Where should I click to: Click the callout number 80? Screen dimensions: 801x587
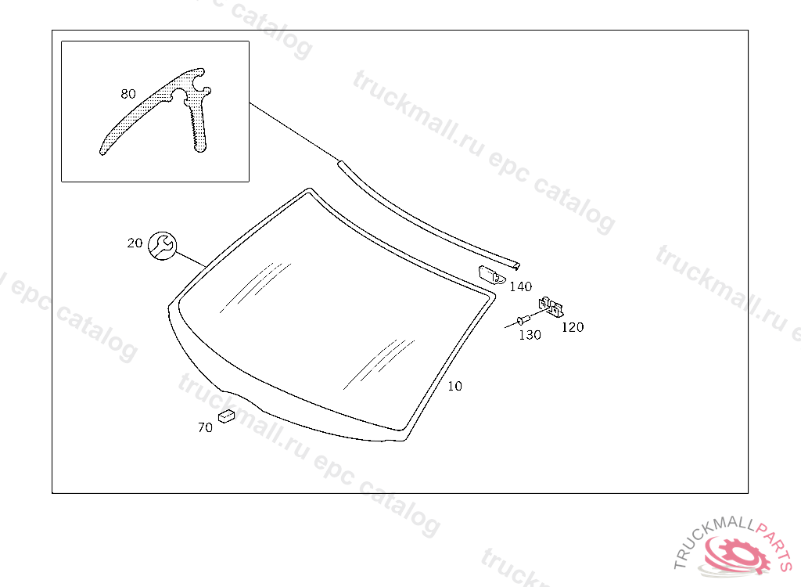coord(128,94)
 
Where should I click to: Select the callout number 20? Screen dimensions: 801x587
coord(135,243)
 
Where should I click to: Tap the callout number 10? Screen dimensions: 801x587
coord(454,387)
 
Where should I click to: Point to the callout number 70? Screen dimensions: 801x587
coord(205,427)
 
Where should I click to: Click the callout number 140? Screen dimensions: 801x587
coord(520,287)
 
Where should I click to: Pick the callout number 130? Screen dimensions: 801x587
coord(530,335)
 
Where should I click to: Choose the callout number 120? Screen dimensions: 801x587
coord(573,327)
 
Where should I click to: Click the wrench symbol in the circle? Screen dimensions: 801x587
coord(162,245)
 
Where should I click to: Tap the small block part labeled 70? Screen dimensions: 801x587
coord(228,415)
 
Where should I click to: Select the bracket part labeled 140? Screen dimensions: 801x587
coord(491,275)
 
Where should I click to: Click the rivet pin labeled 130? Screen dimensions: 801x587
coord(523,321)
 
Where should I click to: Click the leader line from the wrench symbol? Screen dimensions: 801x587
coord(192,259)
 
